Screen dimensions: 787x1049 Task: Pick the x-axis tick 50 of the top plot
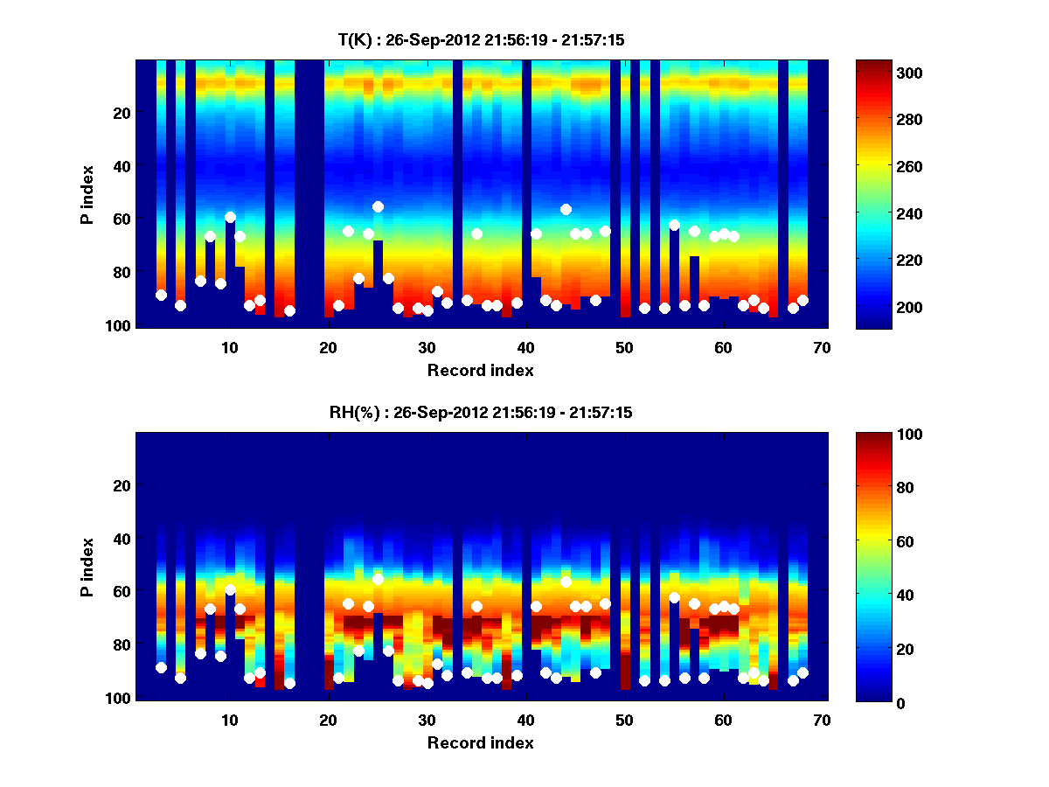[624, 348]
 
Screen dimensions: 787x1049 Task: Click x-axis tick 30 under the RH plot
[427, 721]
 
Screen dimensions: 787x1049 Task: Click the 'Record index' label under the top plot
[480, 371]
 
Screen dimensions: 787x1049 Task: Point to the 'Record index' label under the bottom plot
[480, 743]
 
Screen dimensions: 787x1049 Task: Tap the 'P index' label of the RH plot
[87, 567]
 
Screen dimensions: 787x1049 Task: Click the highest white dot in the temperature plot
[378, 206]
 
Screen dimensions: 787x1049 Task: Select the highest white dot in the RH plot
[378, 579]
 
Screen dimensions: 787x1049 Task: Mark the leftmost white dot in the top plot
[161, 295]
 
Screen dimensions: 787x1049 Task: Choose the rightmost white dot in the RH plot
[802, 672]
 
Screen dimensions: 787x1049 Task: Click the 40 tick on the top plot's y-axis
[122, 166]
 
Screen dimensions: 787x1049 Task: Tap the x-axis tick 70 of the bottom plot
[822, 721]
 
